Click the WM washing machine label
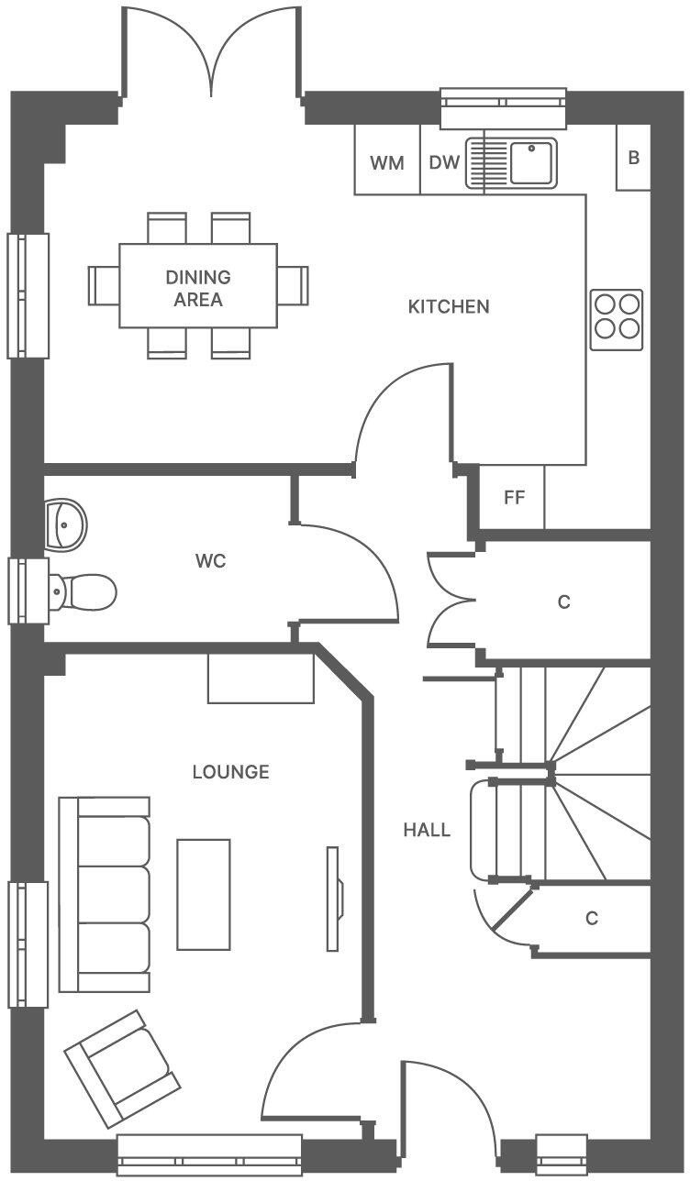(x=386, y=163)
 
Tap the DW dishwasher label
(x=444, y=163)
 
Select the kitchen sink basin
(x=531, y=162)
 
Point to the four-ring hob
(x=617, y=318)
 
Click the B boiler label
(x=633, y=158)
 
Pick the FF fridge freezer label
(x=514, y=498)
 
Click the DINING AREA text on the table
(x=198, y=288)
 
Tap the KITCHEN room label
(x=449, y=306)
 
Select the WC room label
(x=210, y=561)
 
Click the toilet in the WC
(x=84, y=591)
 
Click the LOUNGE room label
(x=230, y=772)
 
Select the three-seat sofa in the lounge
(x=105, y=894)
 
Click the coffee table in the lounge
(x=204, y=894)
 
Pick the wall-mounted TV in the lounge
(x=334, y=898)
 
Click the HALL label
(x=427, y=831)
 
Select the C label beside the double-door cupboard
(x=564, y=602)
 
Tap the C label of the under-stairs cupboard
(x=592, y=918)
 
